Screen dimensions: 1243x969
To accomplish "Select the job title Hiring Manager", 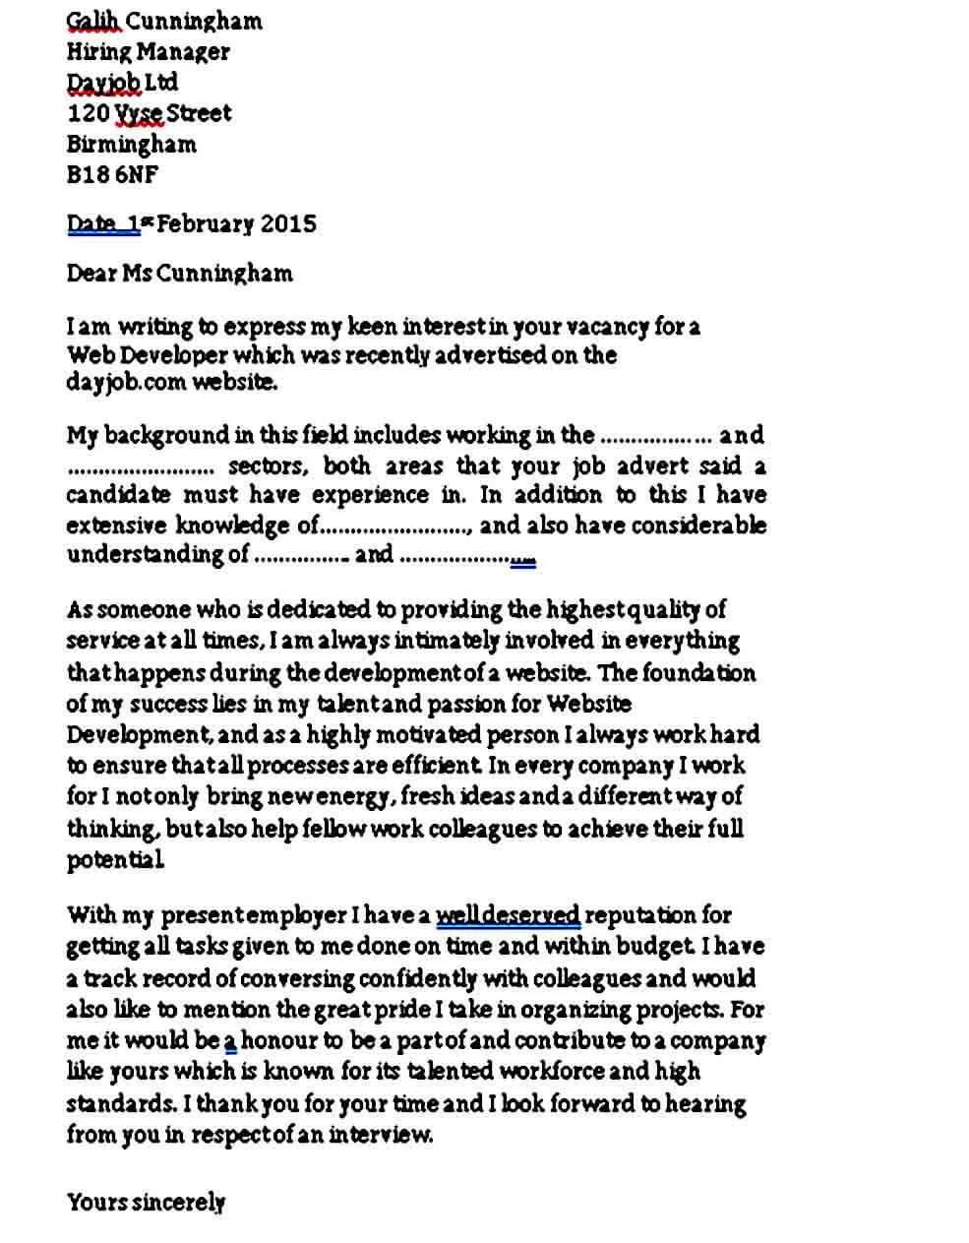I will coord(148,51).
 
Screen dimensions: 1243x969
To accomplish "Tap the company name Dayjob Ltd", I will coord(122,82).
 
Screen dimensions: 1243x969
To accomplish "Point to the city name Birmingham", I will coord(131,144).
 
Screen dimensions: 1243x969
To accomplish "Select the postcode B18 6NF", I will coord(111,175).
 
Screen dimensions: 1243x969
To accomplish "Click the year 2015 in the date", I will coord(288,223).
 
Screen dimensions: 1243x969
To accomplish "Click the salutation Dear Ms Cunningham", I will coord(179,273).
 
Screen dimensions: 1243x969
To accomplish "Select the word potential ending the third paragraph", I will coord(114,860).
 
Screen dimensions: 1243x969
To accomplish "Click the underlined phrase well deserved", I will coord(508,915).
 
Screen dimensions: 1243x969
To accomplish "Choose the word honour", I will coord(278,1040).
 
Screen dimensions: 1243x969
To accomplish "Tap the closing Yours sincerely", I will coord(146,1202).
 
